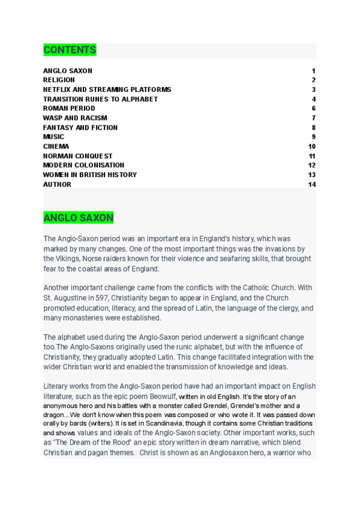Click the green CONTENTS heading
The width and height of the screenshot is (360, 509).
pyautogui.click(x=70, y=50)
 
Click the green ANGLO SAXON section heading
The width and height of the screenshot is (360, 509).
pyautogui.click(x=78, y=218)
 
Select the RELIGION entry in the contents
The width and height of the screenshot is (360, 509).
pyautogui.click(x=59, y=80)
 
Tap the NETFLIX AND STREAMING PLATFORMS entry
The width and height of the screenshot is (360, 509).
pyautogui.click(x=107, y=89)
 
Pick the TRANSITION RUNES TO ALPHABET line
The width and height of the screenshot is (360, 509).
pyautogui.click(x=100, y=99)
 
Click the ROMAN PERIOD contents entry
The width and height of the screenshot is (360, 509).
pyautogui.click(x=69, y=108)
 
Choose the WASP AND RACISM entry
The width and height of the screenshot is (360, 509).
pyautogui.click(x=75, y=118)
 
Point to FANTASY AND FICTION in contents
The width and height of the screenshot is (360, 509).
pyautogui.click(x=80, y=127)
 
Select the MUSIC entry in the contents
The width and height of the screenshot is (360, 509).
pyautogui.click(x=53, y=137)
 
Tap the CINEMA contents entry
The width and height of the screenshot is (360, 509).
pyautogui.click(x=56, y=146)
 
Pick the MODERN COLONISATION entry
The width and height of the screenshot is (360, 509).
pyautogui.click(x=83, y=165)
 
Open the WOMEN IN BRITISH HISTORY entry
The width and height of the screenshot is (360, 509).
pyautogui.click(x=90, y=175)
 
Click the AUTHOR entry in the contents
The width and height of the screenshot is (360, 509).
pyautogui.click(x=57, y=184)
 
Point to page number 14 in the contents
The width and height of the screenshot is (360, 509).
pyautogui.click(x=312, y=184)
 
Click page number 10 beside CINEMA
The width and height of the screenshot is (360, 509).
pyautogui.click(x=312, y=146)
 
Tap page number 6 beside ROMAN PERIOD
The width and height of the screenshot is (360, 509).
pyautogui.click(x=314, y=108)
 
